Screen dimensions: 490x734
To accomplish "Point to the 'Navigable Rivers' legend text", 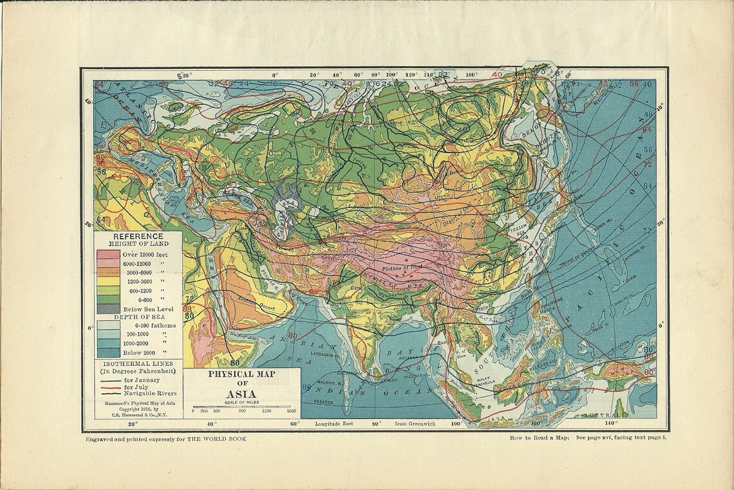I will click(x=153, y=392).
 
